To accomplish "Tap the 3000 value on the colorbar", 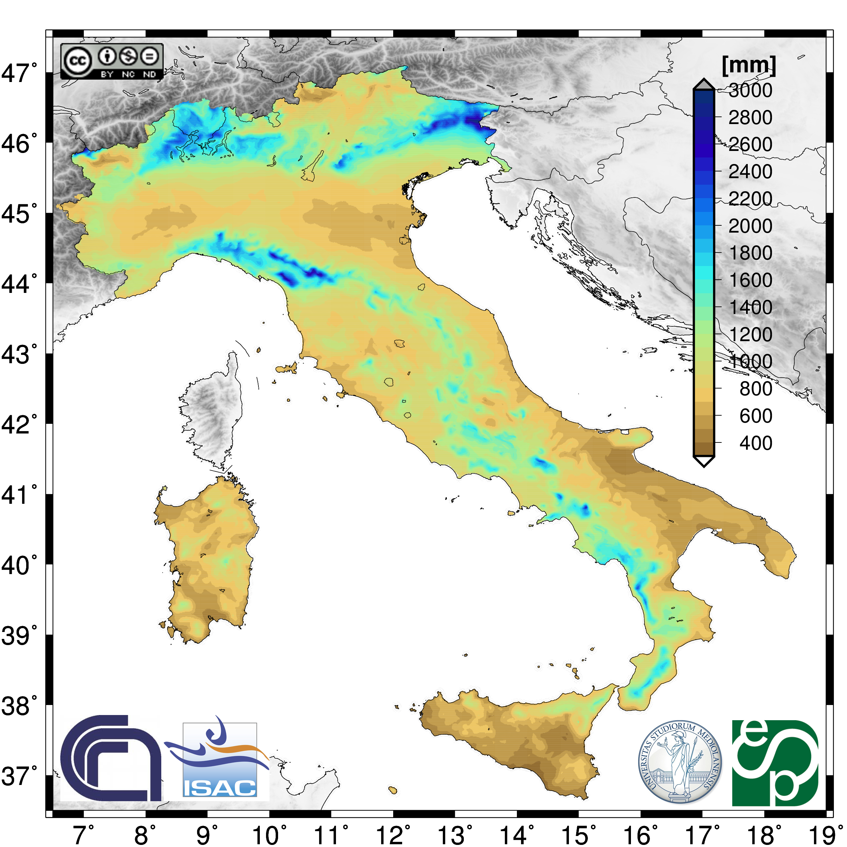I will [x=750, y=90].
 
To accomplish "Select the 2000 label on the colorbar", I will [x=750, y=226].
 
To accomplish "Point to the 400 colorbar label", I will [x=755, y=443].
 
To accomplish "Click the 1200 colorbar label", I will [x=750, y=335].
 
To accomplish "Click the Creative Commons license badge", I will [x=112, y=61].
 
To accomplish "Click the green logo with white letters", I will [x=775, y=763].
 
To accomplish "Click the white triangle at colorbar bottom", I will [x=704, y=460].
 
